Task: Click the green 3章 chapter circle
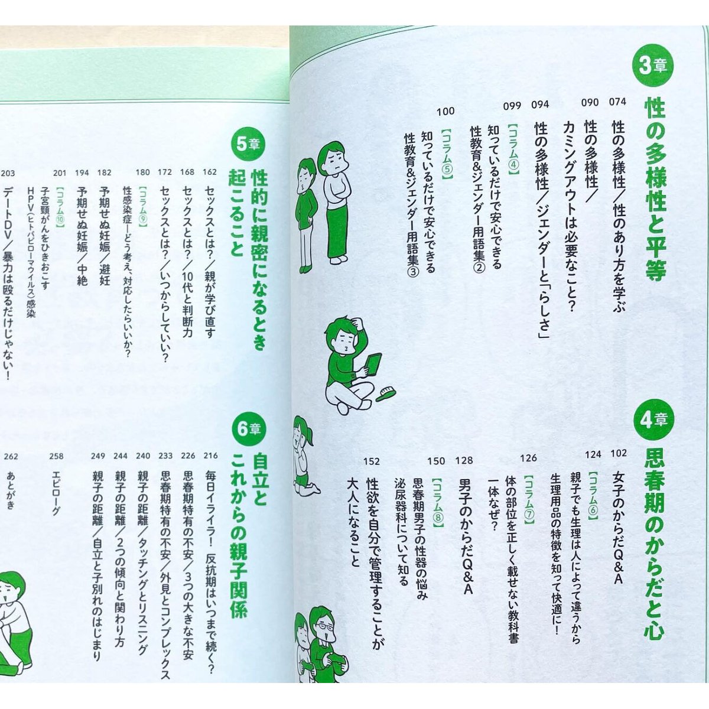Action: pos(650,67)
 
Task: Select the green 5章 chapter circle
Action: pos(248,144)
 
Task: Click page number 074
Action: pos(617,102)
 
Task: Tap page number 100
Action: pos(445,112)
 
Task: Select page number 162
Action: pos(210,172)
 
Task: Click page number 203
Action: pos(8,173)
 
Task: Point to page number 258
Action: pos(56,457)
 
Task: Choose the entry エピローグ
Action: pos(56,493)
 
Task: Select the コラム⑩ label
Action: pos(60,207)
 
